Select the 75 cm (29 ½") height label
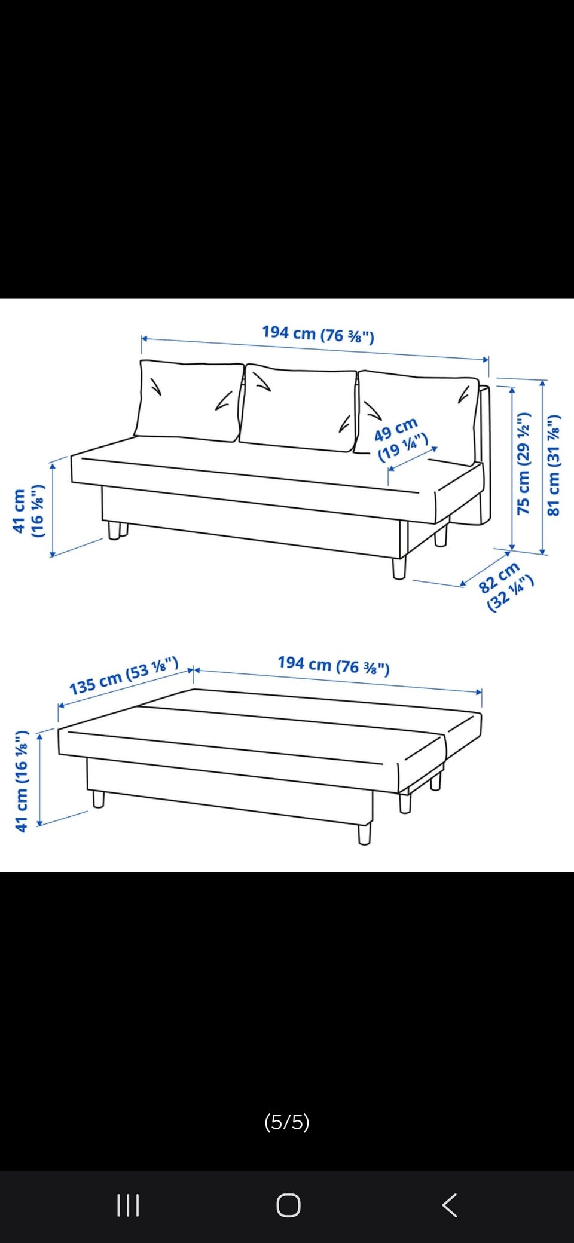coord(523,463)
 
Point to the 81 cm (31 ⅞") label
coord(554,464)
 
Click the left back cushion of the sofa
coord(190,401)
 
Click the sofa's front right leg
coord(399,568)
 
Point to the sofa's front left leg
coord(114,531)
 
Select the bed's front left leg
coord(99,799)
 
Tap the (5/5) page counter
coord(287,1122)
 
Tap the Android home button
coord(288,1205)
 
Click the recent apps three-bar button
coord(128,1205)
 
